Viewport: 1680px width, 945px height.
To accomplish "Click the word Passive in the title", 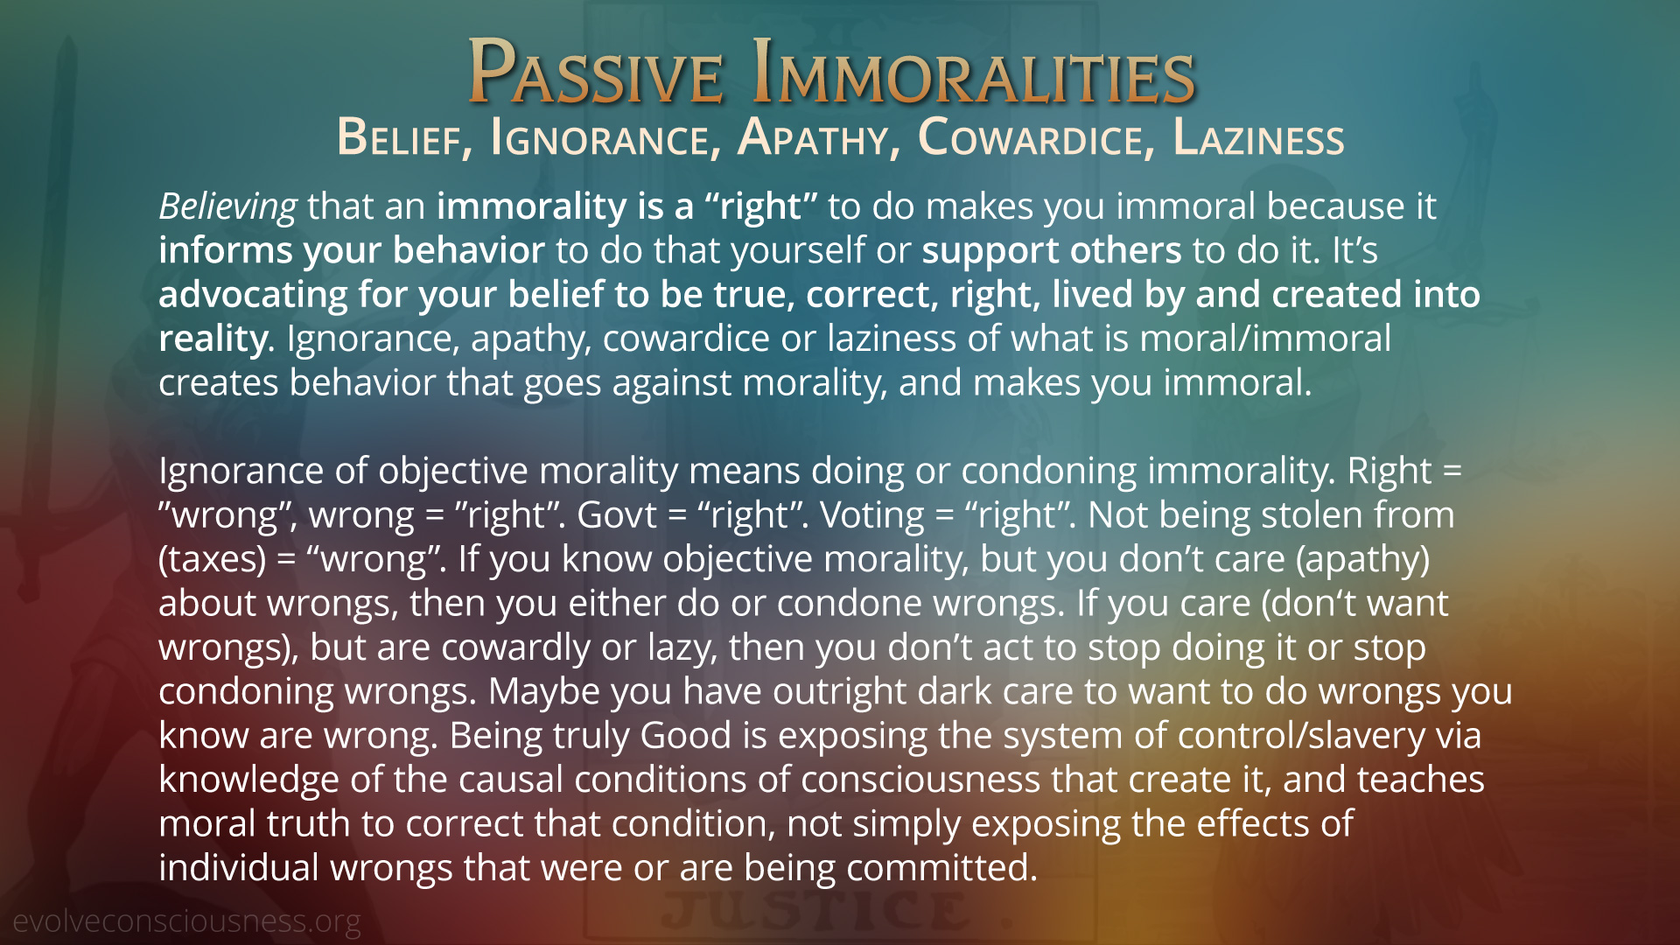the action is tap(596, 73).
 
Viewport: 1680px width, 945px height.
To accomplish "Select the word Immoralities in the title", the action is tap(974, 73).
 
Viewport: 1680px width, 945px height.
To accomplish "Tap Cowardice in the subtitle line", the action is tap(1031, 138).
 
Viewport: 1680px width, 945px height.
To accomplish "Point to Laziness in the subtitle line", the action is tap(1258, 138).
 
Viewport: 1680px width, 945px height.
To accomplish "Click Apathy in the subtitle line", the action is tap(813, 138).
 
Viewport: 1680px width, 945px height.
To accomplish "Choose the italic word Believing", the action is tap(227, 207).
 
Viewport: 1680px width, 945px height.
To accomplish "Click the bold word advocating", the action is tap(253, 295).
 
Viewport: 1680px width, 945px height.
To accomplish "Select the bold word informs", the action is tap(226, 251).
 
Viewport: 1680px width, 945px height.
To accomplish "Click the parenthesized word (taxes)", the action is tap(213, 559).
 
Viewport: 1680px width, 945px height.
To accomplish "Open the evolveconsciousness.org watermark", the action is tap(186, 921).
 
